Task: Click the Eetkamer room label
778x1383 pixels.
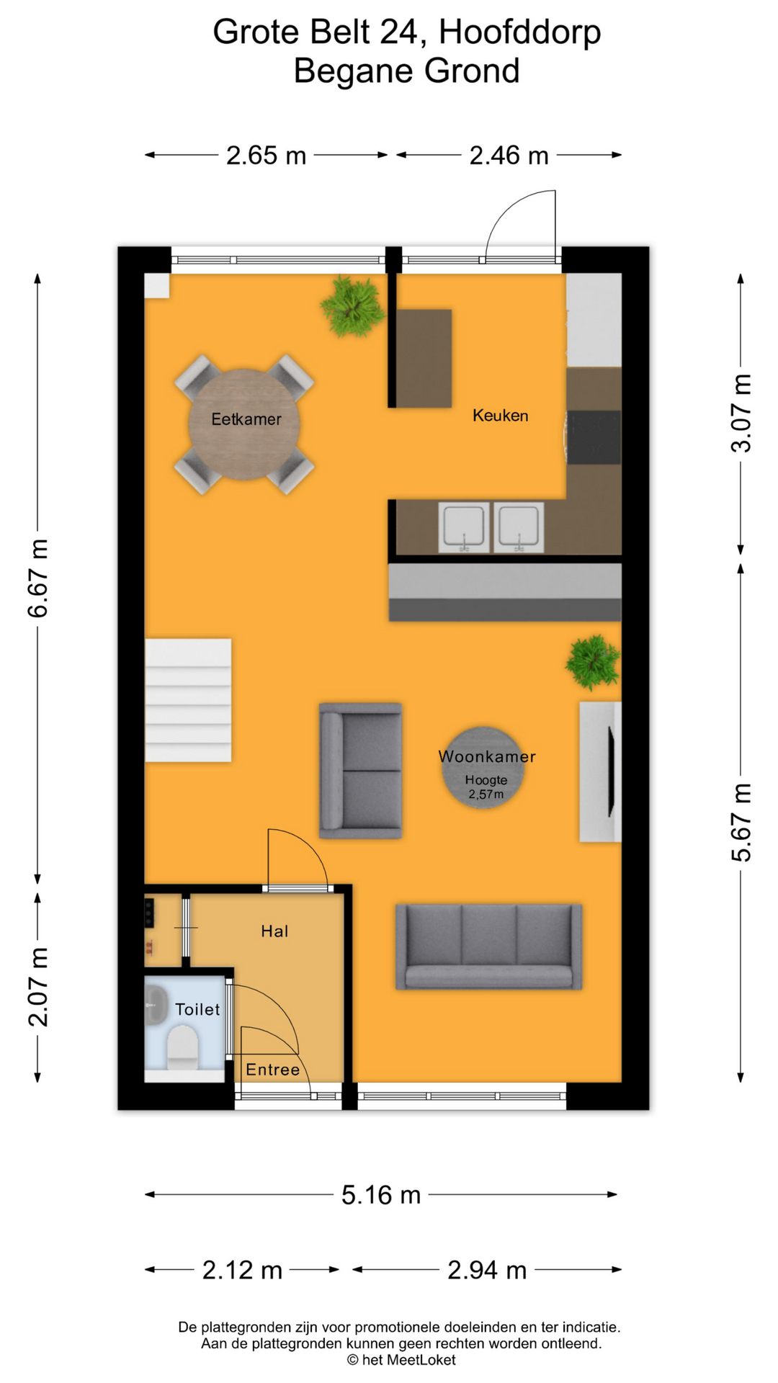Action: (x=246, y=419)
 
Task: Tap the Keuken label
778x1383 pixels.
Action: (x=500, y=416)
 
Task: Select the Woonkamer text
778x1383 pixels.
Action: (x=487, y=756)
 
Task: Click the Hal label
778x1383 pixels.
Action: (x=274, y=931)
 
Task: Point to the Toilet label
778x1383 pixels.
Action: (x=197, y=1009)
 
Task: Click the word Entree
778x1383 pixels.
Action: (x=272, y=1070)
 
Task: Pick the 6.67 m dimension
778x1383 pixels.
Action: (x=37, y=578)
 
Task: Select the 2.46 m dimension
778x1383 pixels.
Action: (x=509, y=156)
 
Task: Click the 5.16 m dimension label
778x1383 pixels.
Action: (x=380, y=1195)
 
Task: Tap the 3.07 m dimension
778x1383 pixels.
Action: (x=741, y=413)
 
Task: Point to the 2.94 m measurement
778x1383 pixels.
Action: (x=487, y=1270)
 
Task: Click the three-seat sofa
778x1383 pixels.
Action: (x=488, y=946)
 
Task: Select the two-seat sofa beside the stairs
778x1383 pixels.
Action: (x=361, y=771)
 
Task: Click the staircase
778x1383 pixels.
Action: (x=189, y=700)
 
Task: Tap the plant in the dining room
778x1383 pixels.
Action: (x=352, y=306)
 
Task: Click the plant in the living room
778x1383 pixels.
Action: (x=592, y=661)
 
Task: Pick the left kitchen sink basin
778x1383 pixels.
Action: (x=464, y=527)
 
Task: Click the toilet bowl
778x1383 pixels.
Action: (x=182, y=1045)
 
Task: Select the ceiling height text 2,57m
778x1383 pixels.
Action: (x=486, y=795)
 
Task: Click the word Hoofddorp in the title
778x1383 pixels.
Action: (x=519, y=32)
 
